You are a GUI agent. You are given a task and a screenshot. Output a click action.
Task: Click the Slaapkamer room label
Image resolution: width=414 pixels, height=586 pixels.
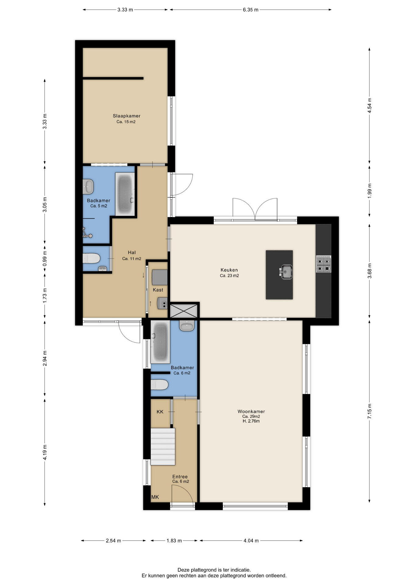tap(127, 116)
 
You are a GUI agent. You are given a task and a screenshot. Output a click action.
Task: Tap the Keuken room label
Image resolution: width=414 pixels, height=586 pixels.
tap(229, 270)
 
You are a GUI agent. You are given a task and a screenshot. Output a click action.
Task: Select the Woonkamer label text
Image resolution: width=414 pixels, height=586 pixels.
tap(251, 411)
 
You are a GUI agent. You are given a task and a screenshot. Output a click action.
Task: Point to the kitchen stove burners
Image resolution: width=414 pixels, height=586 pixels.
tap(323, 264)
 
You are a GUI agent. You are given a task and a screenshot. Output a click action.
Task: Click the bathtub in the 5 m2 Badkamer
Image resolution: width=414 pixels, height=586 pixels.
tap(125, 194)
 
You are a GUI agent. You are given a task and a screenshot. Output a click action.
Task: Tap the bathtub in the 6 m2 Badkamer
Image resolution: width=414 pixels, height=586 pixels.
tap(160, 342)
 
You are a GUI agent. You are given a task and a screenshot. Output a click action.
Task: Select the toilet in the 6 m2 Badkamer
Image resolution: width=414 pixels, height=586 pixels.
tap(159, 385)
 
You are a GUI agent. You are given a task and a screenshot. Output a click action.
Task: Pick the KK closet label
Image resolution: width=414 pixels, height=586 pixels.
tap(160, 412)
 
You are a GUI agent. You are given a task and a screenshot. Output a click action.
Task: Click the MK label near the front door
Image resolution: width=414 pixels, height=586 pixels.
tap(155, 497)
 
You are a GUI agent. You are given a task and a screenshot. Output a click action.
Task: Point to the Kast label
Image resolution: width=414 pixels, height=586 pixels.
tap(158, 290)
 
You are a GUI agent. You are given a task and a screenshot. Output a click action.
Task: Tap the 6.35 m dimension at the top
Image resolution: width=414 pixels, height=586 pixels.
tap(251, 10)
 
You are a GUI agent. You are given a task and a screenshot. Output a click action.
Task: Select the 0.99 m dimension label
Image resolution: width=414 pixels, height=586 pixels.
tap(45, 259)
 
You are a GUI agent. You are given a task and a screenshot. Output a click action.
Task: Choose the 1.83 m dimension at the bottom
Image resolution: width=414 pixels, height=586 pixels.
tap(174, 541)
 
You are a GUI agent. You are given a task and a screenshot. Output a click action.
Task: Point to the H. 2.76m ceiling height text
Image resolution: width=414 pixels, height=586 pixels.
tap(251, 421)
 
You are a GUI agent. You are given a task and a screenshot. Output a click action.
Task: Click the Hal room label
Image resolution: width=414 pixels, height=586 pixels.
tap(132, 253)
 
